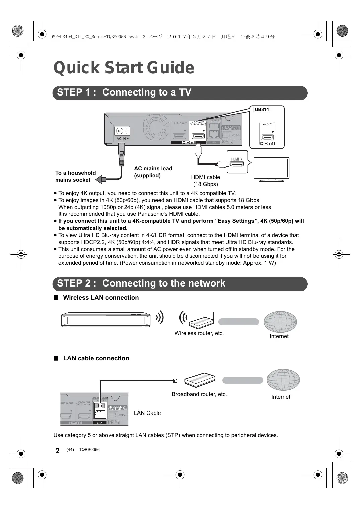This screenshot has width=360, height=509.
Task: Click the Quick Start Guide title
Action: pyautogui.click(x=124, y=68)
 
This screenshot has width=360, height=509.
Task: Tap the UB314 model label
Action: pyautogui.click(x=262, y=109)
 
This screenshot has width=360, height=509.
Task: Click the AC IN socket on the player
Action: pyautogui.click(x=122, y=131)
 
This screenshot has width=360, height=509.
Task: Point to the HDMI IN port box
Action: pyautogui.click(x=237, y=163)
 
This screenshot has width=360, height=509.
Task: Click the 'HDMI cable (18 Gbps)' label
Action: pyautogui.click(x=205, y=181)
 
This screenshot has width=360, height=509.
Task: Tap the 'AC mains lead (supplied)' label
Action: pyautogui.click(x=153, y=172)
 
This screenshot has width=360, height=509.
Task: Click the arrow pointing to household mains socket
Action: pyautogui.click(x=101, y=180)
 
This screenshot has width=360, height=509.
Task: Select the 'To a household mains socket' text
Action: pyautogui.click(x=75, y=176)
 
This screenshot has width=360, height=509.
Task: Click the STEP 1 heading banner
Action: pyautogui.click(x=180, y=93)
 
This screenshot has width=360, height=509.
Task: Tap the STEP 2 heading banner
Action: pyautogui.click(x=180, y=284)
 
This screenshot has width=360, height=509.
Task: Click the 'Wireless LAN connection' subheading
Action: pyautogui.click(x=101, y=298)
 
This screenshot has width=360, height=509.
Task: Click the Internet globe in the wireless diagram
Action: pyautogui.click(x=280, y=322)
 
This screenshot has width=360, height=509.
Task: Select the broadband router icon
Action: pyautogui.click(x=200, y=380)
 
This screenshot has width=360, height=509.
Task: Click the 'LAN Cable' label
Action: pyautogui.click(x=147, y=413)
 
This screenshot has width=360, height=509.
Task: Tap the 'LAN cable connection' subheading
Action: pyautogui.click(x=96, y=358)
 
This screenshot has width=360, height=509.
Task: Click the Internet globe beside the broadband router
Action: pyautogui.click(x=283, y=380)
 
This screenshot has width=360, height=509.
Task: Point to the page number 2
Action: pyautogui.click(x=58, y=451)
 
